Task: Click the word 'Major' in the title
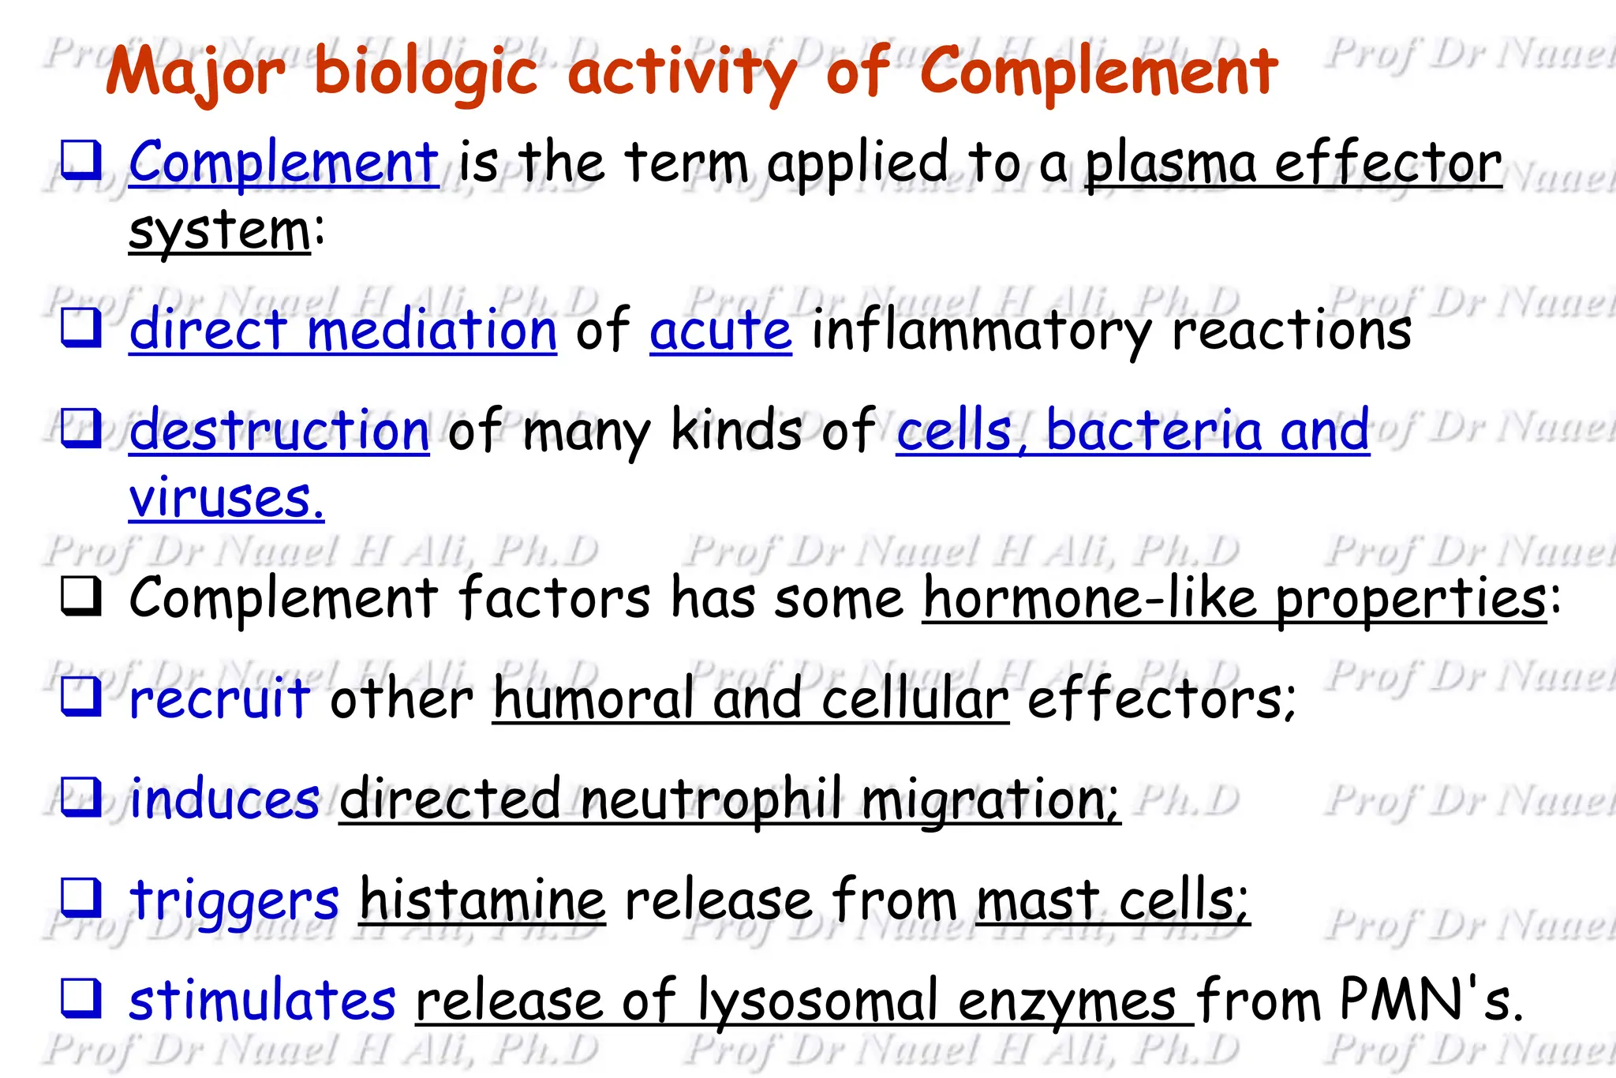coord(195,73)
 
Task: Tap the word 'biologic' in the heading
coord(426,73)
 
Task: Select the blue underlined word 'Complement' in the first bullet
coord(283,163)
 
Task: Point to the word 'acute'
coord(720,330)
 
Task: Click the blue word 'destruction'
coord(279,431)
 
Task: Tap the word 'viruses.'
coord(226,499)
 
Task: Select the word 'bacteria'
coord(1154,431)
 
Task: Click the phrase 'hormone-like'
coord(1090,598)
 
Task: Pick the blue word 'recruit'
coord(219,699)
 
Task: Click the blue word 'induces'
coord(225,799)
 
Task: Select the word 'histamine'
coord(482,900)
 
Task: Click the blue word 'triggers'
coord(234,900)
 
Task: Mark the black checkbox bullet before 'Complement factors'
coord(80,597)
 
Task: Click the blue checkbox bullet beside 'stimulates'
coord(80,998)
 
